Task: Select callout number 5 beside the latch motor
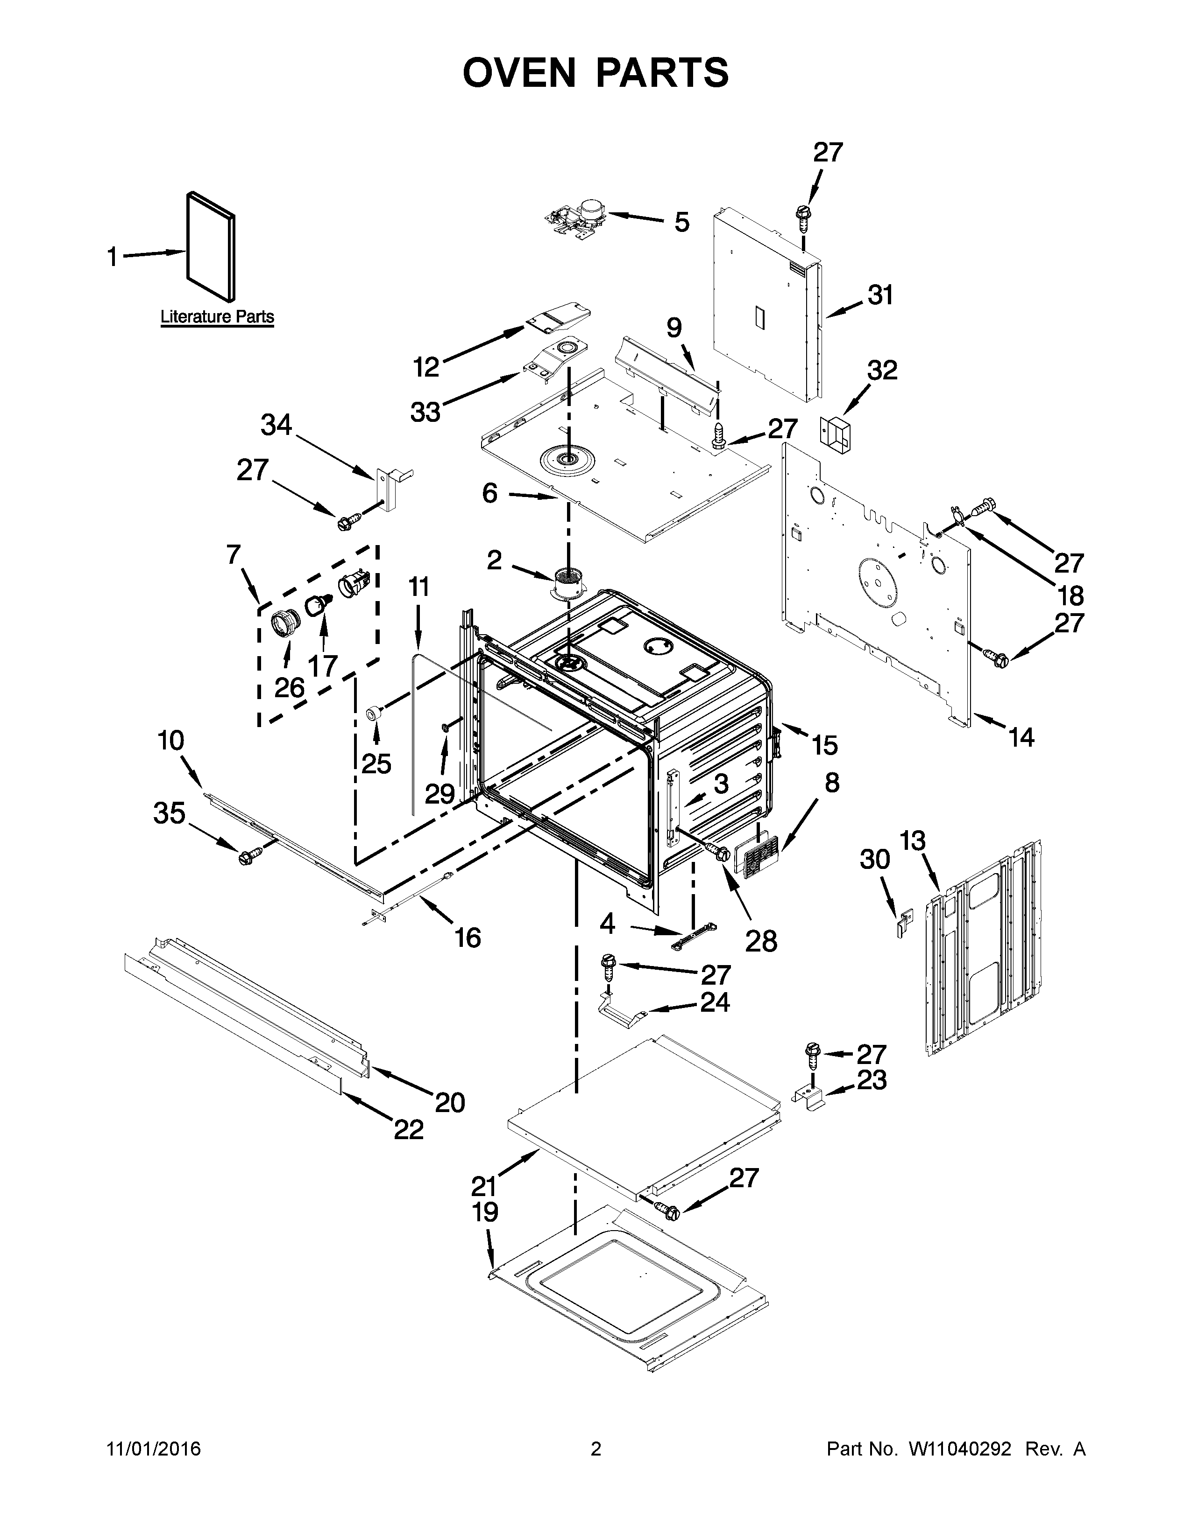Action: [681, 222]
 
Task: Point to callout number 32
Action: [881, 370]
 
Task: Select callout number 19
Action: [485, 1211]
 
